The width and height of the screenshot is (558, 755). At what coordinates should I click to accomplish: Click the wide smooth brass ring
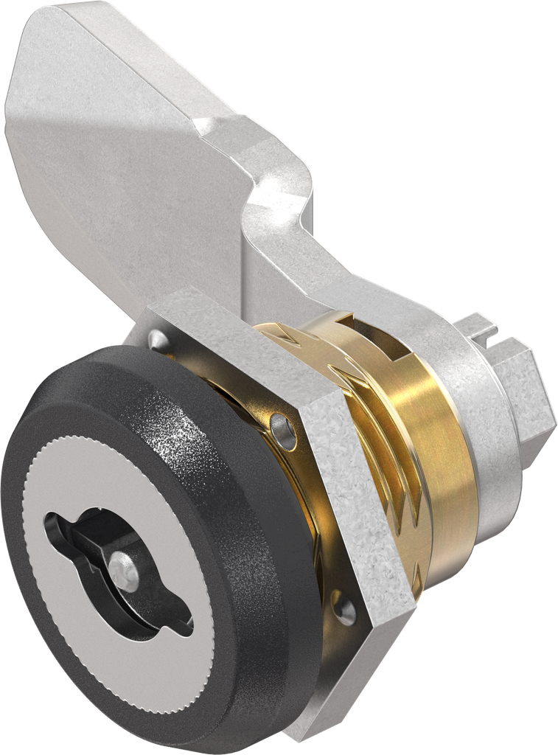tap(435, 457)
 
